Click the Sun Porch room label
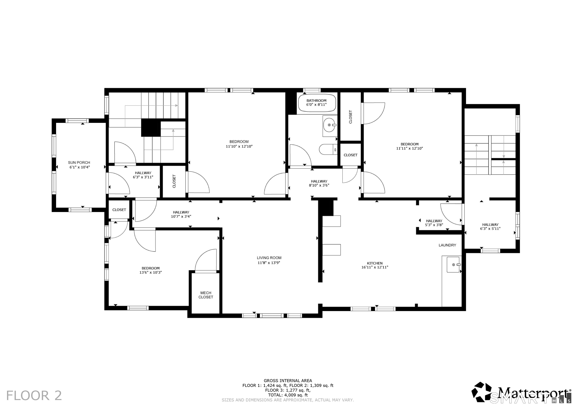79,165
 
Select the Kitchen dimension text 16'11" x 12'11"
375,267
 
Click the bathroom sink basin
329,125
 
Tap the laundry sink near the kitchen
453,265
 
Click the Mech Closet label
206,295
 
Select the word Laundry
447,245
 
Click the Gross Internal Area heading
288,381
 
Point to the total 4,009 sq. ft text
288,395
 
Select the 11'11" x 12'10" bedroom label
409,146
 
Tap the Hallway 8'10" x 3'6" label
319,183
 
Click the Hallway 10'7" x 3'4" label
181,214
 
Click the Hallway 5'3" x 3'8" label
434,223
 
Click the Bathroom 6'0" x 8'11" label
316,103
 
